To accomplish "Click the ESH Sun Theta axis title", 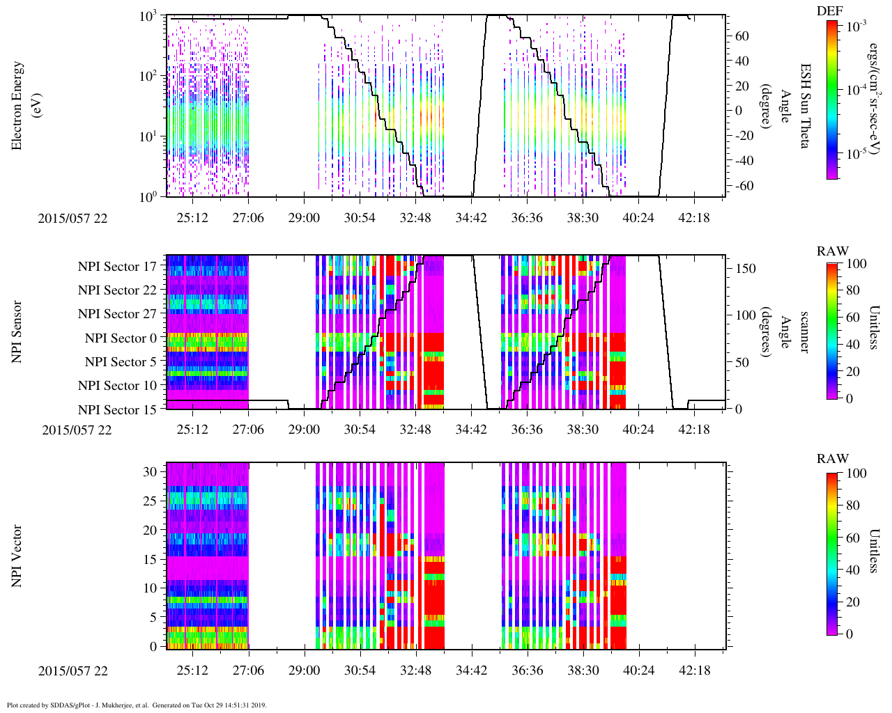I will pyautogui.click(x=805, y=105).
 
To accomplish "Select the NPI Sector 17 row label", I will pyautogui.click(x=117, y=267).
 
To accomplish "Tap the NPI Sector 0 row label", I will pyautogui.click(x=121, y=338).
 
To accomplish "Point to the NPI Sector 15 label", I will pyautogui.click(x=117, y=410).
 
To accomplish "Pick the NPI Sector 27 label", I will pyautogui.click(x=117, y=314).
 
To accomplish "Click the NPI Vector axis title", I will pyautogui.click(x=17, y=555).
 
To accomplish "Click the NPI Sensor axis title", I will pyautogui.click(x=17, y=331).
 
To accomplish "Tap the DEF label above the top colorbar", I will pyautogui.click(x=829, y=10).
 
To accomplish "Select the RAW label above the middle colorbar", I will pyautogui.click(x=833, y=251).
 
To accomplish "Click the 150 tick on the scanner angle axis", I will pyautogui.click(x=746, y=269).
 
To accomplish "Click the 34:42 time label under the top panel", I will pyautogui.click(x=471, y=218).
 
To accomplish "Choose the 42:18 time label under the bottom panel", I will pyautogui.click(x=694, y=671).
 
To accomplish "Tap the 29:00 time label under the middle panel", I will pyautogui.click(x=304, y=430).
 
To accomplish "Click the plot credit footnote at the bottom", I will pyautogui.click(x=137, y=705).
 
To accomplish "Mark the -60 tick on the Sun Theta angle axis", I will pyautogui.click(x=741, y=186).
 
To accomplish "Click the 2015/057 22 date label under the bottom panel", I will pyautogui.click(x=73, y=671).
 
